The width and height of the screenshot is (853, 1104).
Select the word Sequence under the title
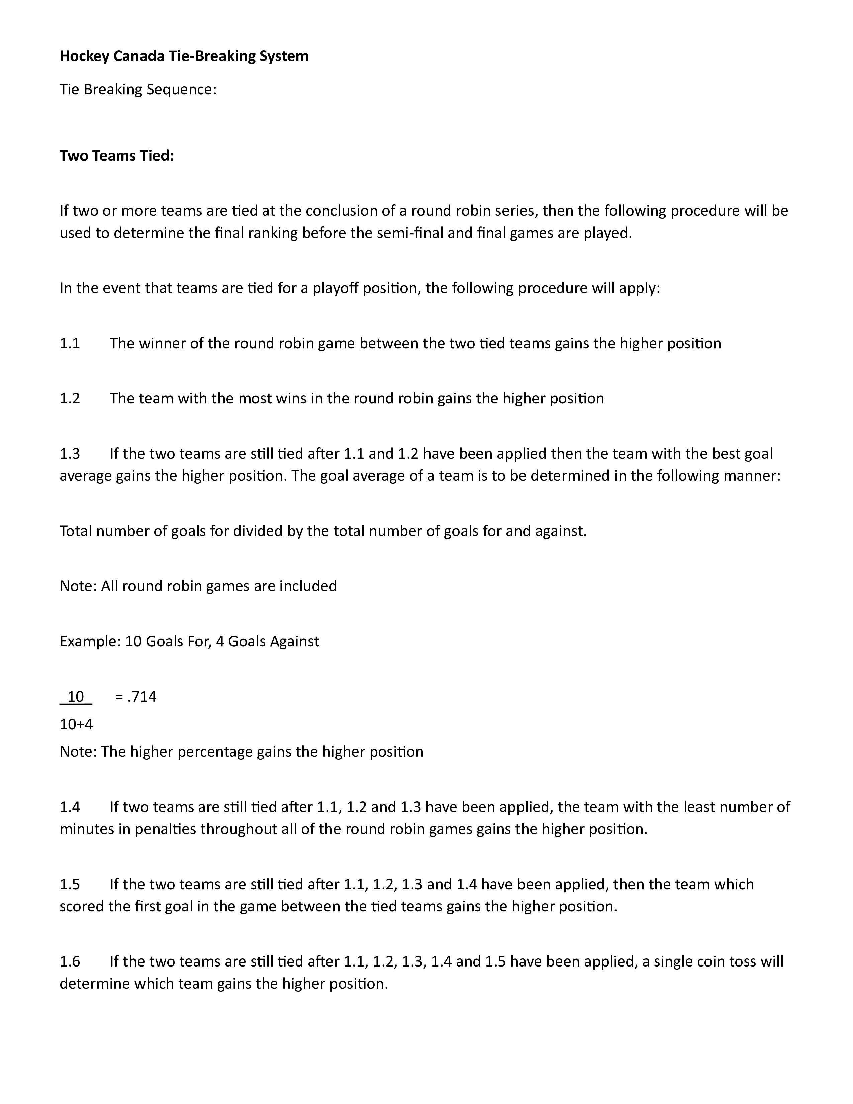(x=181, y=89)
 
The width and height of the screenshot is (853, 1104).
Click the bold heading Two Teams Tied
(x=117, y=156)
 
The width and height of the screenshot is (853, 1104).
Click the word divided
(x=258, y=531)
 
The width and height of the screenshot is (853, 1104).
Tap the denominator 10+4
(x=76, y=724)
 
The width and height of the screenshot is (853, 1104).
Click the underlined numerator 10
(x=76, y=697)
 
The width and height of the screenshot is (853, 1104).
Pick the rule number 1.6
(x=70, y=961)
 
